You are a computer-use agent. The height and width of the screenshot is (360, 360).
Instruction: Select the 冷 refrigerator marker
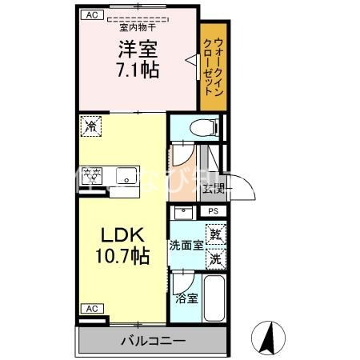click(x=90, y=126)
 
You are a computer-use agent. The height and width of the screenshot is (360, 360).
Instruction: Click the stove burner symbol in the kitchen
click(x=94, y=176)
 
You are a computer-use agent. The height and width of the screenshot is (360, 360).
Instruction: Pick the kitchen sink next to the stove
click(x=126, y=176)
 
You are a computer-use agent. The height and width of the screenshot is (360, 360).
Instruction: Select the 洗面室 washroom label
click(x=185, y=246)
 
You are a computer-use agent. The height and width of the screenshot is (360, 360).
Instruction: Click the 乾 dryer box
click(x=215, y=235)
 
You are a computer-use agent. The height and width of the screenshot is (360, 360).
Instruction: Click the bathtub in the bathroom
click(x=214, y=298)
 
